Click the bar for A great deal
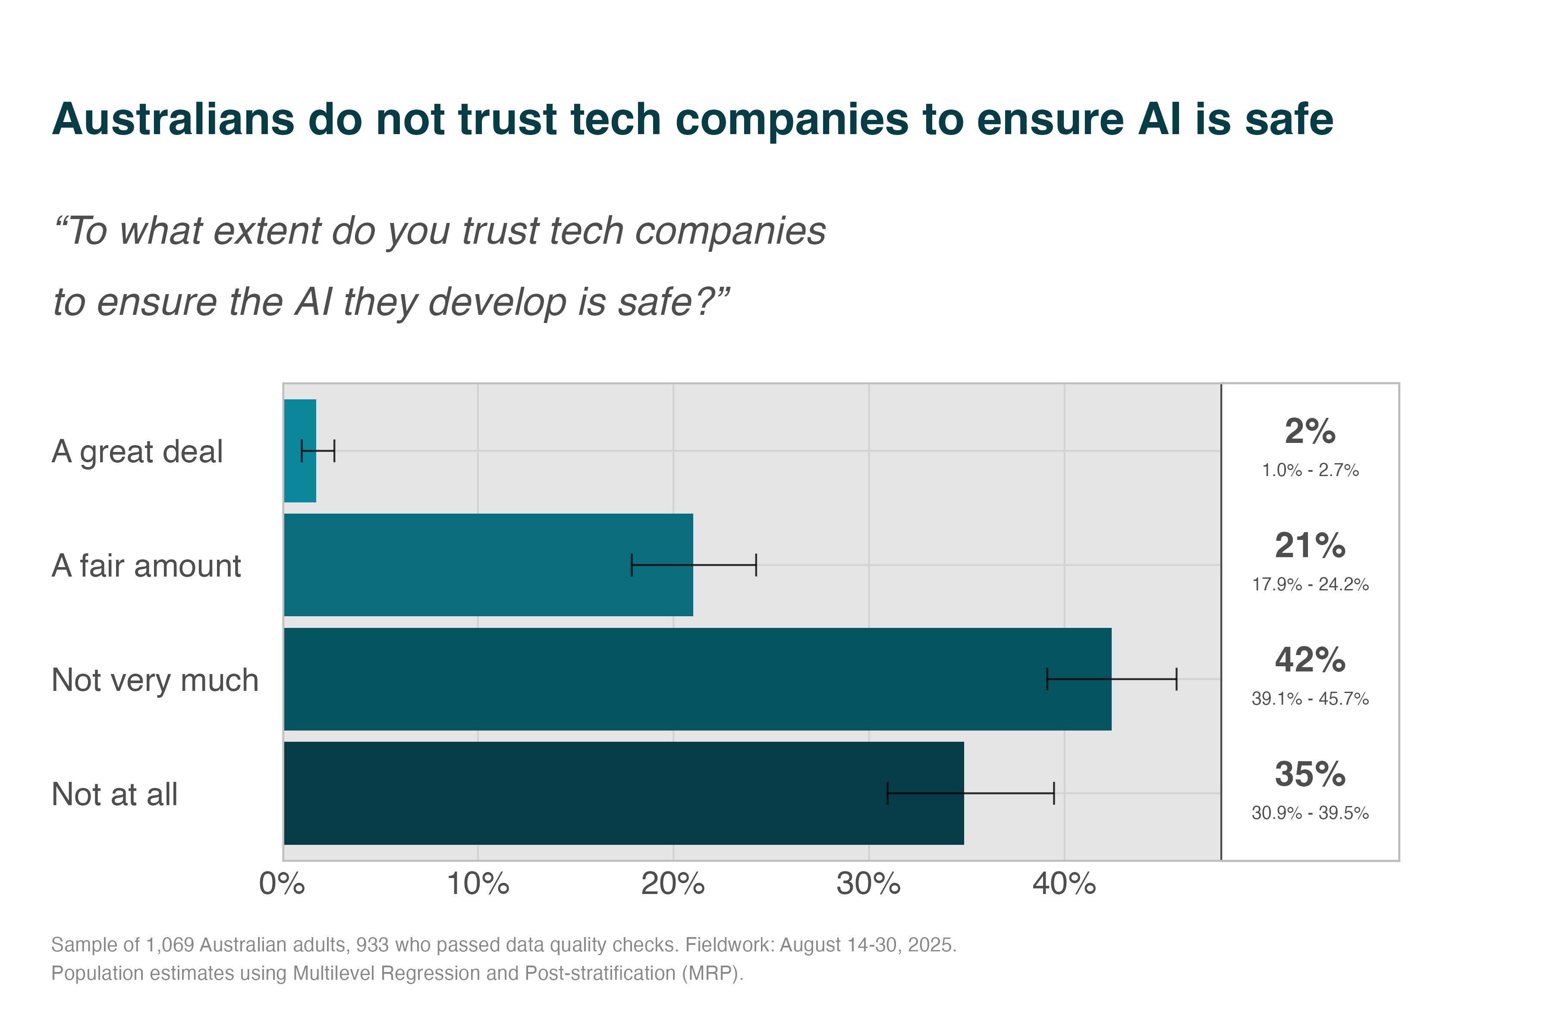(300, 475)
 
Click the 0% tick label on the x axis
(283, 884)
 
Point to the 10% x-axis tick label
(478, 884)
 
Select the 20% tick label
(673, 884)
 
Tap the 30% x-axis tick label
(868, 884)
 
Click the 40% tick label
(1064, 884)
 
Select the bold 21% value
(1310, 546)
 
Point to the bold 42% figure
(1310, 660)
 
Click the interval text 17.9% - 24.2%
(1310, 585)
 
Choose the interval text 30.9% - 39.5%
(1310, 813)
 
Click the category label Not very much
(155, 681)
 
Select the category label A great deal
(137, 452)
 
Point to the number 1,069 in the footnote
(170, 945)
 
